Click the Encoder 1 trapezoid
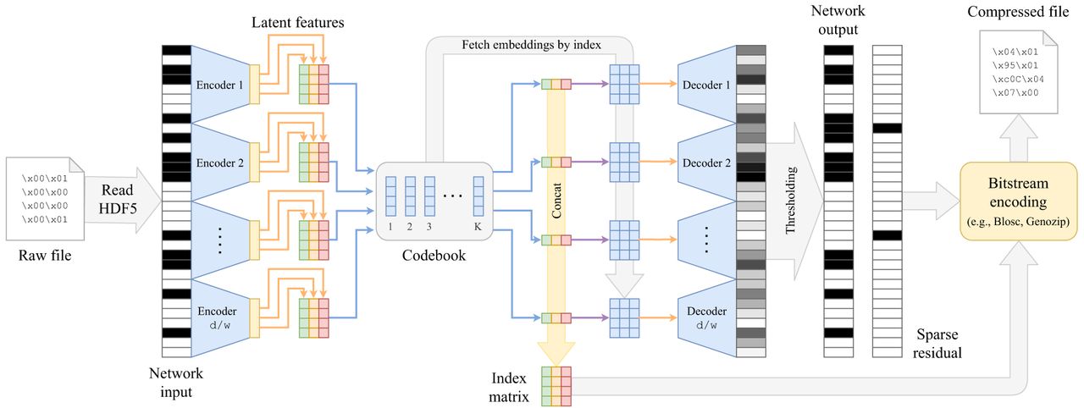219,85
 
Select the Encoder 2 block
219,163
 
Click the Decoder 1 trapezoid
705,85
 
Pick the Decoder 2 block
705,163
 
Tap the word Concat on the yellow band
556,201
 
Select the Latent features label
297,23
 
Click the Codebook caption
434,254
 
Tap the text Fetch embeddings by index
531,44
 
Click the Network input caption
175,382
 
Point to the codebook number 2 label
409,226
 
